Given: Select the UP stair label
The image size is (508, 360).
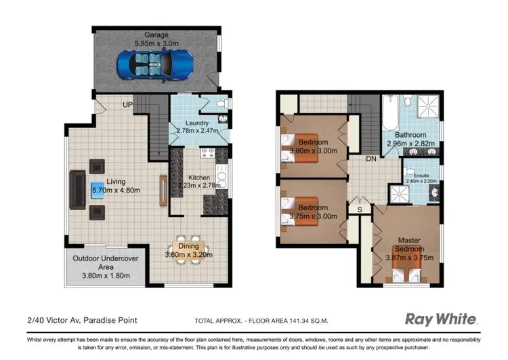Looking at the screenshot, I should click(127, 105).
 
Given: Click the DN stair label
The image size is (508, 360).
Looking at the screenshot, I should click(371, 159).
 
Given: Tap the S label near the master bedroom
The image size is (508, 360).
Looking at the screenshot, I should click(360, 210).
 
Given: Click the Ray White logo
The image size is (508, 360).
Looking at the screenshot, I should click(441, 319).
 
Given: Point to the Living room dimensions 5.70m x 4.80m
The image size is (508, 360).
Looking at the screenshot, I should click(116, 191).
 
